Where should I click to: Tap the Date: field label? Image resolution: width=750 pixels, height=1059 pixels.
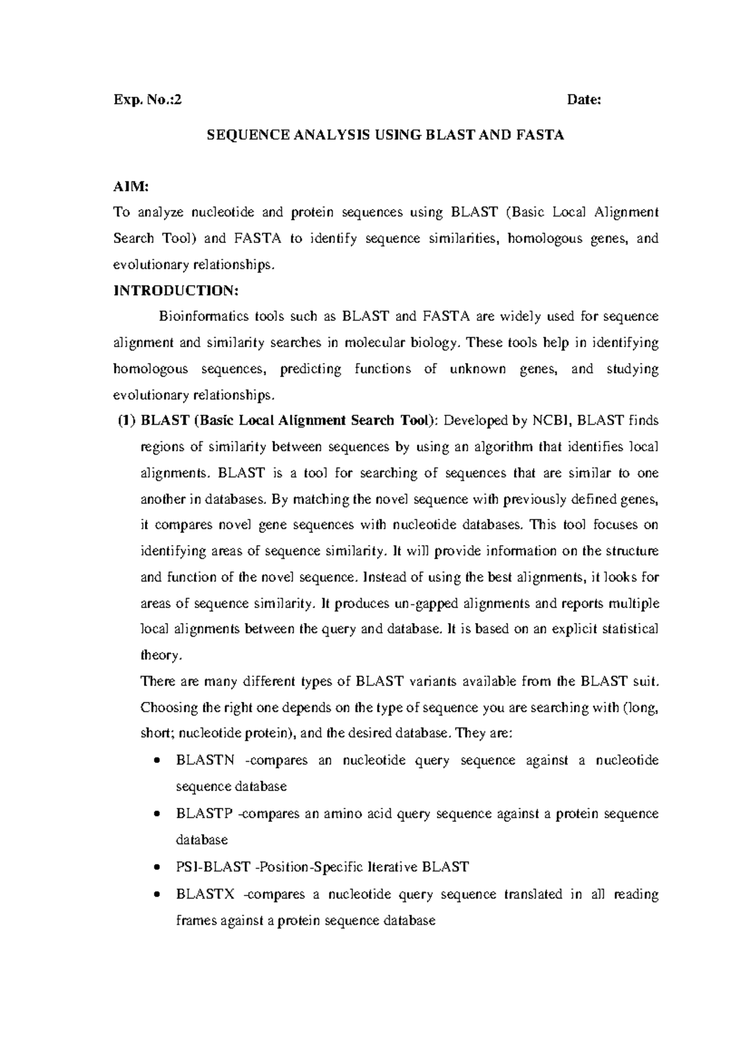pyautogui.click(x=583, y=99)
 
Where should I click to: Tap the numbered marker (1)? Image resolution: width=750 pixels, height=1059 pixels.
pyautogui.click(x=127, y=420)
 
